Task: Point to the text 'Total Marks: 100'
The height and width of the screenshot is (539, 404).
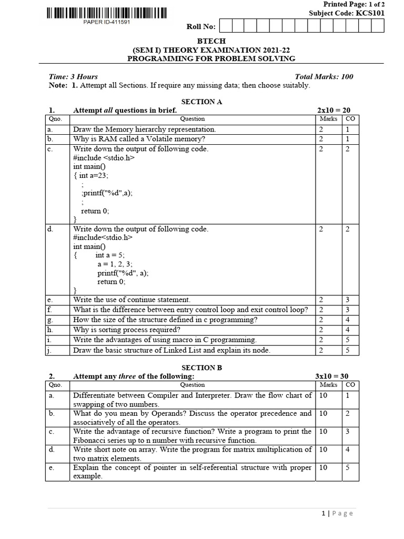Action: click(325, 76)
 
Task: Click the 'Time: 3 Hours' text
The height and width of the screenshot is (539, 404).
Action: click(73, 76)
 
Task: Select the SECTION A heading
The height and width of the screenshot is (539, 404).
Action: click(202, 102)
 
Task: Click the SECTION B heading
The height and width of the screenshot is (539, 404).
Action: click(202, 368)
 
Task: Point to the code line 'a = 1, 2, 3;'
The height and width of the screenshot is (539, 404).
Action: click(115, 264)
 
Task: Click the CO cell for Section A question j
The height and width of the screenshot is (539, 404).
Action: click(348, 350)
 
